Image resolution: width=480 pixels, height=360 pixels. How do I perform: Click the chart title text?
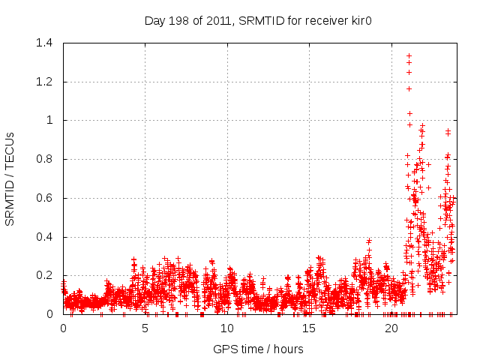[x=259, y=21]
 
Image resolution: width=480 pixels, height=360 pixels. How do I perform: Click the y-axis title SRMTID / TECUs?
[x=10, y=178]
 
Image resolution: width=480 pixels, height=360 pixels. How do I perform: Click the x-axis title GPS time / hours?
[x=259, y=349]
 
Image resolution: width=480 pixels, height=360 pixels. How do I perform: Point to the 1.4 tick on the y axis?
[x=46, y=43]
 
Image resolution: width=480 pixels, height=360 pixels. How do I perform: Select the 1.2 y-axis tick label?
[x=46, y=82]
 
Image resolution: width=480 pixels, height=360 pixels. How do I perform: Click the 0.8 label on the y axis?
[x=46, y=159]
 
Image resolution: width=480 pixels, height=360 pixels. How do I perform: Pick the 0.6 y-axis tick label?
[x=46, y=198]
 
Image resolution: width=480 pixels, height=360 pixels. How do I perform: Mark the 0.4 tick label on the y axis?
[x=46, y=237]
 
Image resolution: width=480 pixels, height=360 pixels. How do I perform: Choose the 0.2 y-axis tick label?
[x=46, y=275]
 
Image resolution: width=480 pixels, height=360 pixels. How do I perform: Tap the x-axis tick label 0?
[x=63, y=328]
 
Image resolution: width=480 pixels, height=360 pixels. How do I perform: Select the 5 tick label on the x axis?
[x=145, y=328]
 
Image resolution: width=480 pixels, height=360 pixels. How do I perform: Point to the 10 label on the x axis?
[x=227, y=328]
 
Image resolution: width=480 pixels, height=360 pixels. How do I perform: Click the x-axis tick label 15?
[x=309, y=328]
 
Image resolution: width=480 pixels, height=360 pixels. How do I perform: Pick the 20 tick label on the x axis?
[x=391, y=328]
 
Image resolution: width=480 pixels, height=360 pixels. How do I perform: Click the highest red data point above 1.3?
[x=409, y=55]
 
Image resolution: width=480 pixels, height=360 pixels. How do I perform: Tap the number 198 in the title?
[x=181, y=21]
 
